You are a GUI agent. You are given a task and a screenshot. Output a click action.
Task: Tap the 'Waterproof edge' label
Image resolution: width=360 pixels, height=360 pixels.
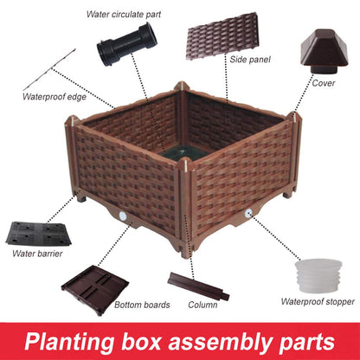[x=54, y=95]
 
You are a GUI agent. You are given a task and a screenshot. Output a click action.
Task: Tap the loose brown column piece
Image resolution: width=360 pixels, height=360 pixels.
[x=199, y=286]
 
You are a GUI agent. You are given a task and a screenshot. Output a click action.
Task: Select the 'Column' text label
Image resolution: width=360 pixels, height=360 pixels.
[x=203, y=305]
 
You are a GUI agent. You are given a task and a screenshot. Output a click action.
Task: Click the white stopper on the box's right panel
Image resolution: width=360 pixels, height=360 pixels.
[x=248, y=213]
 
